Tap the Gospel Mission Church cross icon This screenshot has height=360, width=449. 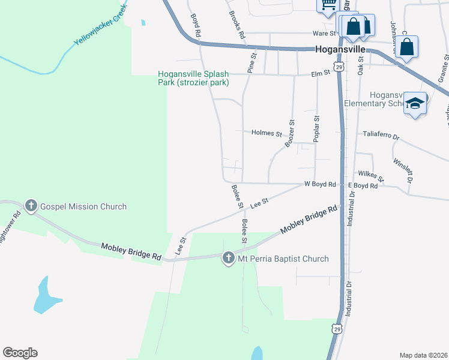(x=31, y=206)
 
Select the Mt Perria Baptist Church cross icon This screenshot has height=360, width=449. (x=228, y=259)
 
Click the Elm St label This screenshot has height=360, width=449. (x=321, y=73)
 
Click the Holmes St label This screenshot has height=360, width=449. (x=267, y=133)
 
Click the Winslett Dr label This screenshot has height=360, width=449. (x=403, y=170)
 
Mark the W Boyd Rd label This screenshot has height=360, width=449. (x=320, y=185)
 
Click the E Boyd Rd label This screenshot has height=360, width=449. (x=363, y=186)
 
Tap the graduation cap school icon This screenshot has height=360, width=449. (x=415, y=104)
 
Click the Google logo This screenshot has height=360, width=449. (x=20, y=353)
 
